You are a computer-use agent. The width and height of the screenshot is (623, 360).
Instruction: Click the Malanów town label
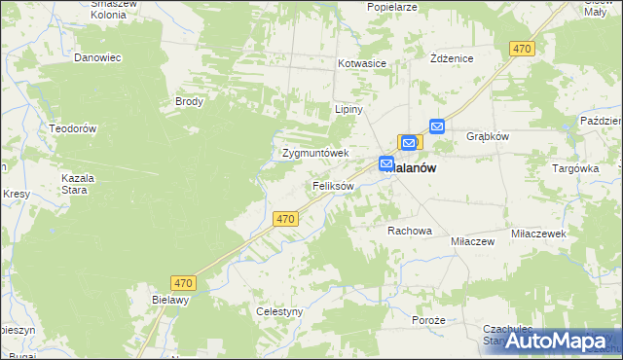pyautogui.click(x=413, y=167)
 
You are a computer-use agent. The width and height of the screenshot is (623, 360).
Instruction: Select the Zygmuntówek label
pyautogui.click(x=315, y=153)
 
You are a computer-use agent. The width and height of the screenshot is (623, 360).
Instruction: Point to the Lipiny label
pyautogui.click(x=348, y=109)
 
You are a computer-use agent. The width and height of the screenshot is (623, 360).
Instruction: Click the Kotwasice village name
pyautogui.click(x=362, y=63)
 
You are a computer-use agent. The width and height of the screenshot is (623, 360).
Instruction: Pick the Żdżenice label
pyautogui.click(x=452, y=58)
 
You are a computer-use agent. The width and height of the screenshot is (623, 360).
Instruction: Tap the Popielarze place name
pyautogui.click(x=392, y=7)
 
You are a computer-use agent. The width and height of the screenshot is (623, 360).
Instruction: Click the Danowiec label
pyautogui.click(x=97, y=57)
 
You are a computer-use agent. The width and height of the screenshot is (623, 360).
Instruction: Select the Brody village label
pyautogui.click(x=188, y=101)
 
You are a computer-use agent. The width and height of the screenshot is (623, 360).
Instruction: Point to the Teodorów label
pyautogui.click(x=73, y=128)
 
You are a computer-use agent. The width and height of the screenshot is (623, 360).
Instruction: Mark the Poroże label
pyautogui.click(x=428, y=320)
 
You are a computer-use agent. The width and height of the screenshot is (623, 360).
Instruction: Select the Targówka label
pyautogui.click(x=576, y=167)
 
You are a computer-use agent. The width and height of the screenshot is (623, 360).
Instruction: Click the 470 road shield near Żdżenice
pyautogui.click(x=523, y=48)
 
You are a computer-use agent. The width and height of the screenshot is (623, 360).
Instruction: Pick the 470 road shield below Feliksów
pyautogui.click(x=285, y=220)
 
